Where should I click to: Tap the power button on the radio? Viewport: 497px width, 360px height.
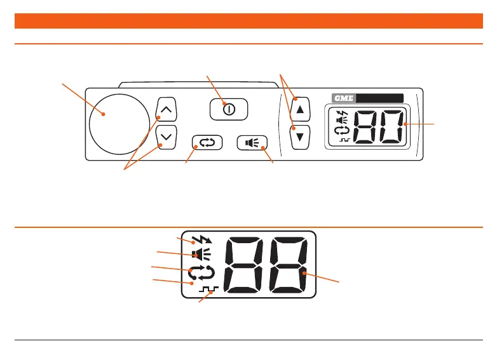click(229, 109)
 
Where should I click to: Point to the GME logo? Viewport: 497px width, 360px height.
click(344, 98)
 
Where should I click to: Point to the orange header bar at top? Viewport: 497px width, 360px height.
click(248, 22)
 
